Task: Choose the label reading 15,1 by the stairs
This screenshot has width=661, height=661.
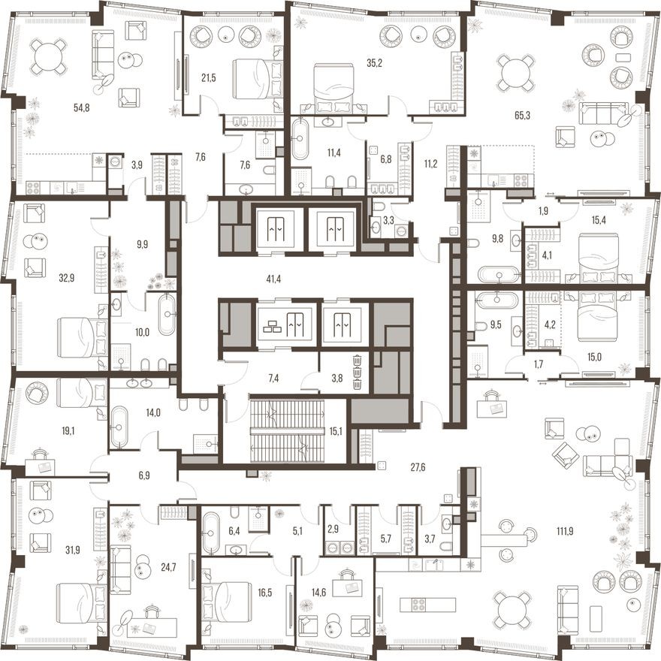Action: [x=335, y=430]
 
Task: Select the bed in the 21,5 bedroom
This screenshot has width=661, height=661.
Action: [x=255, y=77]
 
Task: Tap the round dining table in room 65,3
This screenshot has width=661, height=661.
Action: [x=518, y=72]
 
